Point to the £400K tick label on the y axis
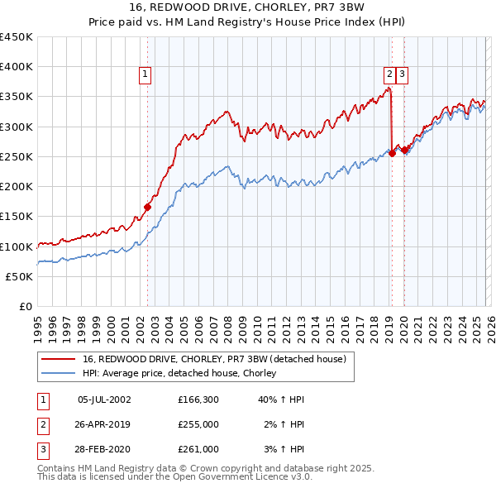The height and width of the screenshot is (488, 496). (x=17, y=67)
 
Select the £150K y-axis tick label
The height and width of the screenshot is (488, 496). (x=17, y=217)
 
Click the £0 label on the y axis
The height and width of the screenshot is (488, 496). (x=25, y=307)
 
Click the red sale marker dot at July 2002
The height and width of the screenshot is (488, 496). (x=147, y=207)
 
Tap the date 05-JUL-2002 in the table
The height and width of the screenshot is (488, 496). (x=104, y=399)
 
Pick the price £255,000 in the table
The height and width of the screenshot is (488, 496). (x=198, y=424)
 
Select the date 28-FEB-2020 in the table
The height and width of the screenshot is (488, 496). (x=104, y=449)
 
